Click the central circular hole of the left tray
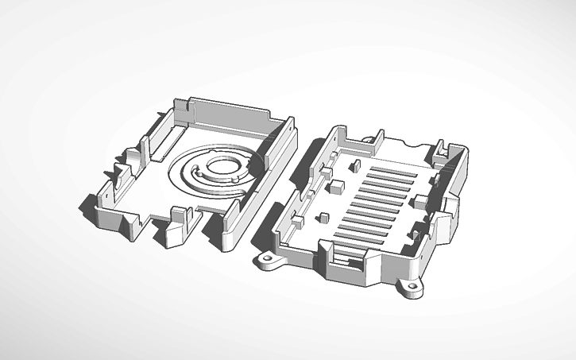222,168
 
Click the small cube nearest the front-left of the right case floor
323,217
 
